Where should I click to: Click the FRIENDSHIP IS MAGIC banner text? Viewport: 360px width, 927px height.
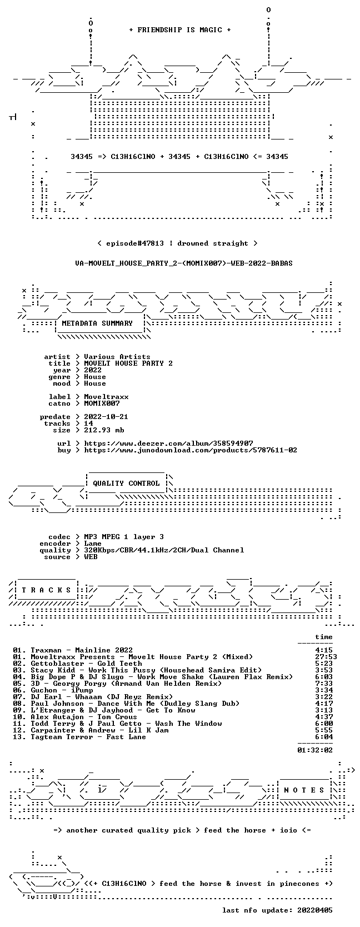[x=180, y=30]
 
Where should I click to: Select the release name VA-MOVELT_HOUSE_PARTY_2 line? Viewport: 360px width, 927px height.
[x=184, y=263]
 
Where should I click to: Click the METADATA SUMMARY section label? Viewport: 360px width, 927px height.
[x=97, y=323]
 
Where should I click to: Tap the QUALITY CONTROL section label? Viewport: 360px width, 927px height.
[x=126, y=484]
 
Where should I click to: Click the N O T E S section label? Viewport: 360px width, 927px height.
[x=304, y=790]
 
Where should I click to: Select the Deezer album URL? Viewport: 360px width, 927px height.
[x=168, y=443]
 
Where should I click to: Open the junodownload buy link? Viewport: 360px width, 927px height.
[x=191, y=450]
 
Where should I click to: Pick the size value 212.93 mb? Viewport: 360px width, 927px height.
[x=104, y=430]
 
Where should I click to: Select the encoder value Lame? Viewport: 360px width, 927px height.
[x=93, y=544]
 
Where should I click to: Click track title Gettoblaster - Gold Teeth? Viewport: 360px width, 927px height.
[x=86, y=664]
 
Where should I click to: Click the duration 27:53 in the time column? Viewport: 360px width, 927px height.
[x=326, y=657]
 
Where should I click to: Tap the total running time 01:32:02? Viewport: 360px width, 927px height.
[x=315, y=750]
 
